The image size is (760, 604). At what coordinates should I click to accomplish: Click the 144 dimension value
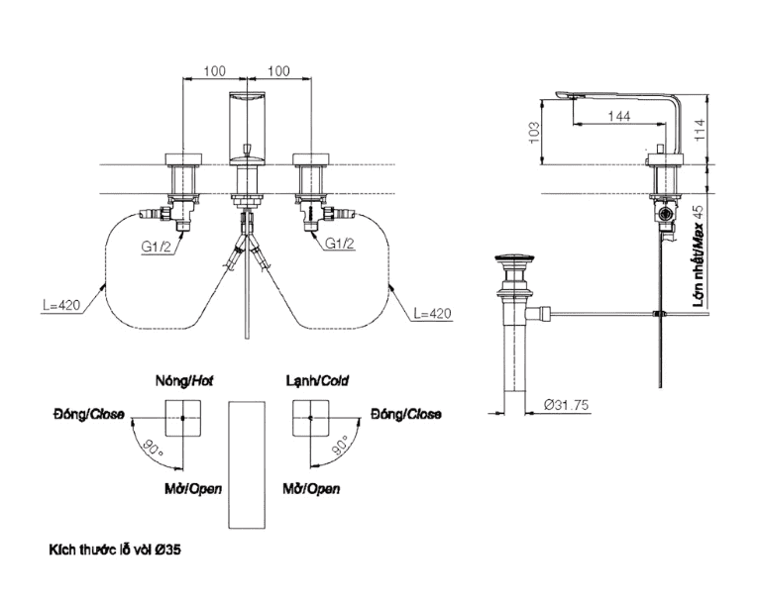[617, 117]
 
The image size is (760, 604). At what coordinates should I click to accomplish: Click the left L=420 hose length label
[61, 306]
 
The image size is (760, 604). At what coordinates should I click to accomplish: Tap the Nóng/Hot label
[184, 379]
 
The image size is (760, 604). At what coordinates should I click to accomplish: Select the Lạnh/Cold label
[317, 379]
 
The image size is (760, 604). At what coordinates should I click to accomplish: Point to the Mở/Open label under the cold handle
[311, 489]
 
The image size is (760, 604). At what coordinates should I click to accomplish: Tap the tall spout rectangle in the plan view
[248, 464]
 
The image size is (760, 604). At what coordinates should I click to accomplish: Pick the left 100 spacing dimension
[213, 71]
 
